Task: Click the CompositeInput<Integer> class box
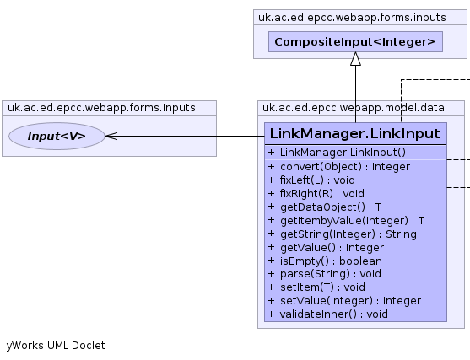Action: point(355,41)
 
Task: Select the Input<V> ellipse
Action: point(57,136)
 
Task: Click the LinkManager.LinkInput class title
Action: point(355,133)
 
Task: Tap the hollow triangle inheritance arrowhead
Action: point(355,59)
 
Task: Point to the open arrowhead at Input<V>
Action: point(111,136)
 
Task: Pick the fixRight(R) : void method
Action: point(316,193)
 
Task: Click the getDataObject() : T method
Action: point(325,207)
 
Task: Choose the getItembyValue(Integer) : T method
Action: point(346,220)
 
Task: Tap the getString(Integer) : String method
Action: point(343,234)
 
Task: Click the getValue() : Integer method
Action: point(326,247)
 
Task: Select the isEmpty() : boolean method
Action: point(325,261)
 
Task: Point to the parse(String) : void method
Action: point(325,274)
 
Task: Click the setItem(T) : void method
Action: point(316,287)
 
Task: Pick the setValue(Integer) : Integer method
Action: point(344,301)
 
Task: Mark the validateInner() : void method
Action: point(328,314)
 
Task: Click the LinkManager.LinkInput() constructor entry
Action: point(337,153)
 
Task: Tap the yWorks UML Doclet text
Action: point(56,346)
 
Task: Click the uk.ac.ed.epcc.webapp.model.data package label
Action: point(354,108)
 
